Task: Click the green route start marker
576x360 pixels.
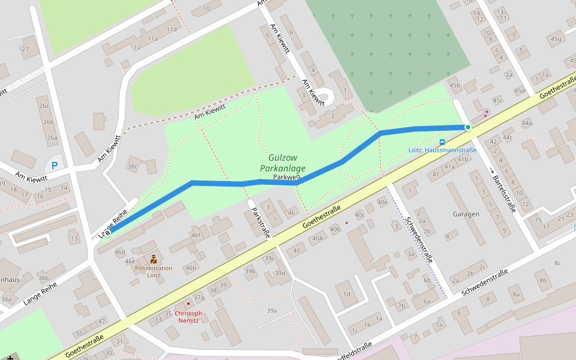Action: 467,127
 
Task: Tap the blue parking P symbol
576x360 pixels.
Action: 55,166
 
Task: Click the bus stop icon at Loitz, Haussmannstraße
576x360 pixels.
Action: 442,142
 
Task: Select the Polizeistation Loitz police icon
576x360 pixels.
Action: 154,259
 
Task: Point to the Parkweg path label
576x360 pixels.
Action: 286,177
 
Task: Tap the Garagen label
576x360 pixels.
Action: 466,214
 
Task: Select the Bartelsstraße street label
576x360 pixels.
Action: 504,194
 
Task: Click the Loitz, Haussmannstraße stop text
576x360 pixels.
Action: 442,150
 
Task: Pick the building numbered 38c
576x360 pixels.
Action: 133,166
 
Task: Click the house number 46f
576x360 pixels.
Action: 196,236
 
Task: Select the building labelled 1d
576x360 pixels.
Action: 346,294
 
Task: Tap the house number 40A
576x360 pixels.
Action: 317,238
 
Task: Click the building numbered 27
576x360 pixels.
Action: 25,49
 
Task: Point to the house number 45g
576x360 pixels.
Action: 556,40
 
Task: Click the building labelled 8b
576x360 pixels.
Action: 542,280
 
